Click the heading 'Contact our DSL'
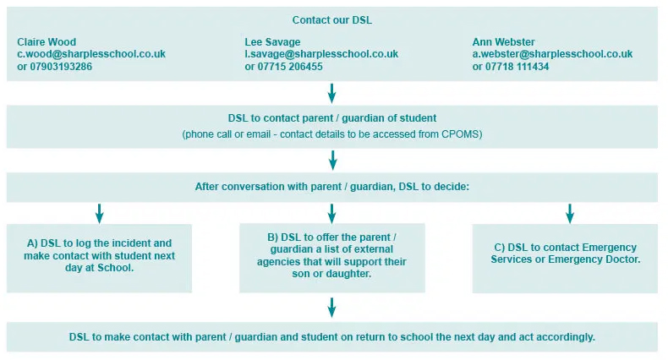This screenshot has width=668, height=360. tap(331, 19)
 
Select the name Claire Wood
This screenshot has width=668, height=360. tap(47, 41)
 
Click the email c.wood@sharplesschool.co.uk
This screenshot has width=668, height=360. tap(91, 53)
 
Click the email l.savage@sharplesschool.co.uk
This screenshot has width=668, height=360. tap(321, 53)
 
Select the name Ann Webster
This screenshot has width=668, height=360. tap(504, 41)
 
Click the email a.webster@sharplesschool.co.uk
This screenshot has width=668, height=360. tap(552, 53)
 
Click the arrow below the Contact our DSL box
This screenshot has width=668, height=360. tap(331, 92)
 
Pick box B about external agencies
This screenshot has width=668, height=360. tap(331, 258)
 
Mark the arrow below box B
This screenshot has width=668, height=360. tap(331, 307)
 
